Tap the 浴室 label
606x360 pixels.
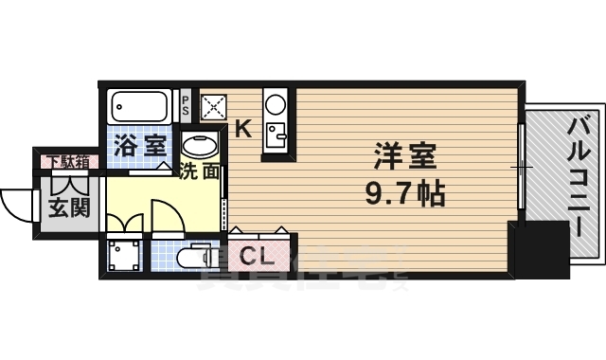140,146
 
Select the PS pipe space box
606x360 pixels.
186,103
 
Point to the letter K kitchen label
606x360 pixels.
242,130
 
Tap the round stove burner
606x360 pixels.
276,101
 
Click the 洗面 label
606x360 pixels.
200,172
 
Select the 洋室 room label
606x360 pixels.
398,154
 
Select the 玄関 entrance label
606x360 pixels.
69,206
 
